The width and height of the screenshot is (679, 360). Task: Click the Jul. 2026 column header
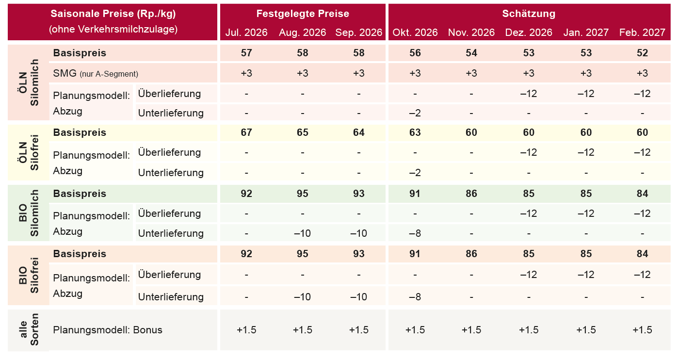pyautogui.click(x=246, y=32)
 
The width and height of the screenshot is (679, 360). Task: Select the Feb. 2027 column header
pyautogui.click(x=642, y=32)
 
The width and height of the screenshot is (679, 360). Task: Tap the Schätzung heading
pyautogui.click(x=529, y=14)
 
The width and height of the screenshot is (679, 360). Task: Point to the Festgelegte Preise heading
pyautogui.click(x=303, y=14)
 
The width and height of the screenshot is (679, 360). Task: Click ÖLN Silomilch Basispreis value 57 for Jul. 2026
pyautogui.click(x=246, y=53)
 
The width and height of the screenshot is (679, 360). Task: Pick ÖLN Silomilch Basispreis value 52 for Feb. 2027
pyautogui.click(x=642, y=53)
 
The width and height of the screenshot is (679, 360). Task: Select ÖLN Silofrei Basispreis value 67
pyautogui.click(x=246, y=132)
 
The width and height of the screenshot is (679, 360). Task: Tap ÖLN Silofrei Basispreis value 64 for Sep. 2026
pyautogui.click(x=358, y=132)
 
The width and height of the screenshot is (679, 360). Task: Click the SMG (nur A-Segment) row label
pyautogui.click(x=96, y=73)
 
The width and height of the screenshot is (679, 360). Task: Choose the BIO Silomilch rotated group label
pyautogui.click(x=29, y=213)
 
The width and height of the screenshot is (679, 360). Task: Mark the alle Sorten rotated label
pyautogui.click(x=29, y=329)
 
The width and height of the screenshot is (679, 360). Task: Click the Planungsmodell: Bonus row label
pyautogui.click(x=108, y=329)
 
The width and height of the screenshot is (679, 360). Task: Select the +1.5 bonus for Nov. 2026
pyautogui.click(x=471, y=329)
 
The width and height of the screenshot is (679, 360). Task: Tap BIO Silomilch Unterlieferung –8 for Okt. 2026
pyautogui.click(x=415, y=233)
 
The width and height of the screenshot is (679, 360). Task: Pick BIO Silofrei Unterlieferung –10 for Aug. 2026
pyautogui.click(x=302, y=296)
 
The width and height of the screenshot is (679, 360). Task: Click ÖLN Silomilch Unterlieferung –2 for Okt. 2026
pyautogui.click(x=415, y=113)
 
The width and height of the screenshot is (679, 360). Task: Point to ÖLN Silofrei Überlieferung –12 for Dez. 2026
pyautogui.click(x=528, y=152)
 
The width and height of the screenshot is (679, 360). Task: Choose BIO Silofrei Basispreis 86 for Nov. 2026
pyautogui.click(x=471, y=254)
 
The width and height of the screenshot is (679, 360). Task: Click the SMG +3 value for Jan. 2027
pyautogui.click(x=586, y=73)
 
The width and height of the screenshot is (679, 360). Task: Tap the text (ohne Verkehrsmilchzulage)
pyautogui.click(x=113, y=29)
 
